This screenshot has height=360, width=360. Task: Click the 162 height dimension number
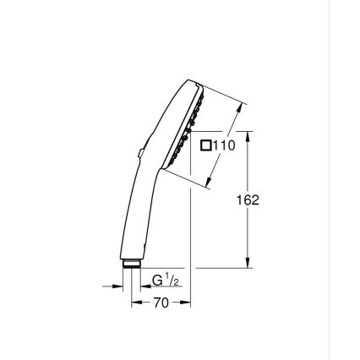pos(248,200)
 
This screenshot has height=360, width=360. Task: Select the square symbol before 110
pos(205,145)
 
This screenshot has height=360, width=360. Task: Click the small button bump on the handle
pos(136,153)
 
